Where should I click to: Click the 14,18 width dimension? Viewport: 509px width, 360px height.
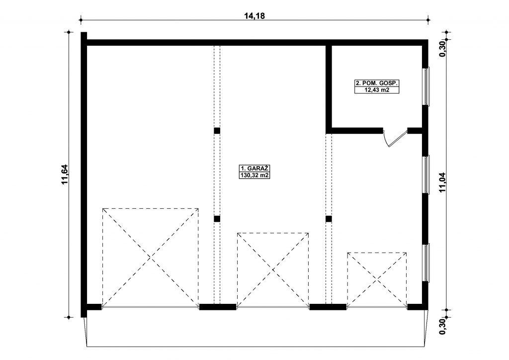(x=254, y=15)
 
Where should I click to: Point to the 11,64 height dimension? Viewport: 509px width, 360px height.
(x=65, y=175)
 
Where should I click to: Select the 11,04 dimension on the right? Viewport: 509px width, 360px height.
(x=442, y=182)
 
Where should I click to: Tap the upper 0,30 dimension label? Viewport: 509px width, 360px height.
(x=442, y=49)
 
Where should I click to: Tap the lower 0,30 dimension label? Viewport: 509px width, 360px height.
(x=442, y=326)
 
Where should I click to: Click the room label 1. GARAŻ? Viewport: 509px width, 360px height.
(x=255, y=169)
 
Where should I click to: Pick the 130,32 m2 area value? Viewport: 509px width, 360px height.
(x=255, y=176)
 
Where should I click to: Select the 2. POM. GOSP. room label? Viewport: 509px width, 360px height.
(x=377, y=83)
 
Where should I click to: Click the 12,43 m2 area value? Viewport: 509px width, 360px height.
(x=377, y=90)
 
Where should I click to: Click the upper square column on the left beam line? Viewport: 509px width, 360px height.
(x=217, y=131)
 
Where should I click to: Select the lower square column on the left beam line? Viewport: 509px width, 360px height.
(x=217, y=219)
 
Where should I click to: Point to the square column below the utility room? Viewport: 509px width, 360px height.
(x=329, y=219)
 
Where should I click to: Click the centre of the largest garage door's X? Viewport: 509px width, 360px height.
(x=150, y=258)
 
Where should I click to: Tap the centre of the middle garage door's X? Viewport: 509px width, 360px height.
(x=273, y=270)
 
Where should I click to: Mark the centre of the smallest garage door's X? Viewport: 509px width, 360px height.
(x=377, y=279)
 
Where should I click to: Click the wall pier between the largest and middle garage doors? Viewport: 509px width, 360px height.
(x=218, y=307)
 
